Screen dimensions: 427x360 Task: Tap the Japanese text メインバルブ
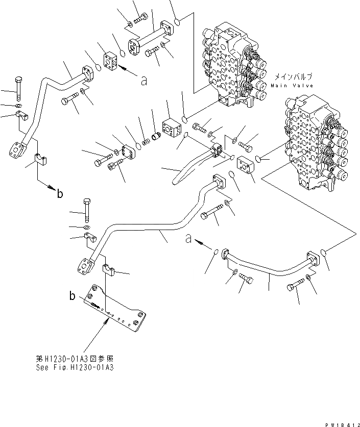coord(293,77)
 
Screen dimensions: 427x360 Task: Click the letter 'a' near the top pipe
coord(144,80)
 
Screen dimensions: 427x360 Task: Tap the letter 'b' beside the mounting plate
coord(73,295)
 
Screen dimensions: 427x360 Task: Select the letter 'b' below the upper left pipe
coord(60,193)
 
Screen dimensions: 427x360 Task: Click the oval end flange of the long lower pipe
coord(86,267)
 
